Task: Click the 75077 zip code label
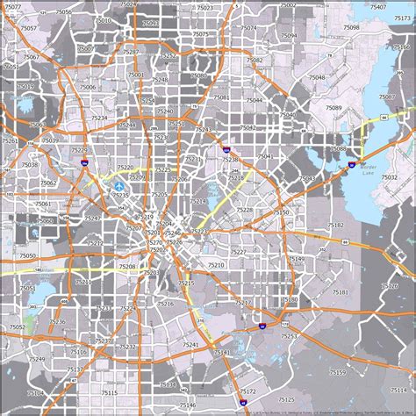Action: click(12, 7)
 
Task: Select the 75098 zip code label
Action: click(351, 28)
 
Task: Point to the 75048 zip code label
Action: click(316, 77)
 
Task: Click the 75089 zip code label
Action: click(334, 107)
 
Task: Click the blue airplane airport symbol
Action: click(119, 186)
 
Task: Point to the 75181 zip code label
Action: click(340, 291)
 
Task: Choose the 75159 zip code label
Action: click(337, 372)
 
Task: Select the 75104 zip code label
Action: click(36, 393)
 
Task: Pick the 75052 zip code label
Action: click(17, 326)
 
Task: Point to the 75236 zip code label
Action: click(57, 322)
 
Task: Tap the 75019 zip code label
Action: click(25, 86)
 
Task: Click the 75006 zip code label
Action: click(88, 88)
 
